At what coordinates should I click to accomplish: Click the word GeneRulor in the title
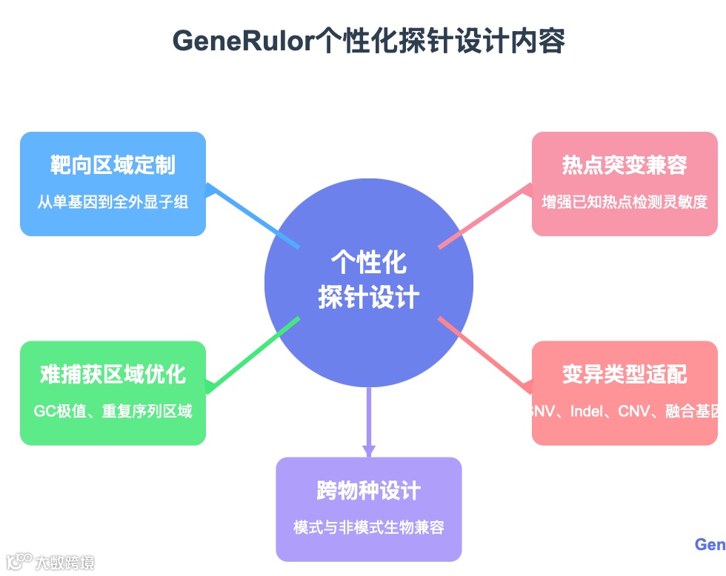(x=244, y=41)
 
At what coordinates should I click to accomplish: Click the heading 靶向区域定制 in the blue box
(x=113, y=164)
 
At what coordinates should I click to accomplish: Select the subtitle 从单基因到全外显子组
(x=113, y=201)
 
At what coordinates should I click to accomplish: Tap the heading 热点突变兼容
(x=625, y=164)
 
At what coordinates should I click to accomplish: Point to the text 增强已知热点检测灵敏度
(x=625, y=201)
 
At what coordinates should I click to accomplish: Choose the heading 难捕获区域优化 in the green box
(x=113, y=374)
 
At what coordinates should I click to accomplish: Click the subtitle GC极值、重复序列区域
(x=113, y=411)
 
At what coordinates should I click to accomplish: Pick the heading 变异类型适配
(x=625, y=374)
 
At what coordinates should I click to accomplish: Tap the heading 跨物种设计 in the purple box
(x=369, y=490)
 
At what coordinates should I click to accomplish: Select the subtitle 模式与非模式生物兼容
(x=369, y=527)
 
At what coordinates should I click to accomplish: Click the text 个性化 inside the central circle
(x=369, y=263)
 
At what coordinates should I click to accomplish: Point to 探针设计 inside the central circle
(x=369, y=298)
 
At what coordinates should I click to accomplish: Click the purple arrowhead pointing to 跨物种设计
(x=369, y=450)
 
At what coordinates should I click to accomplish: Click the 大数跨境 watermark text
(x=64, y=563)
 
